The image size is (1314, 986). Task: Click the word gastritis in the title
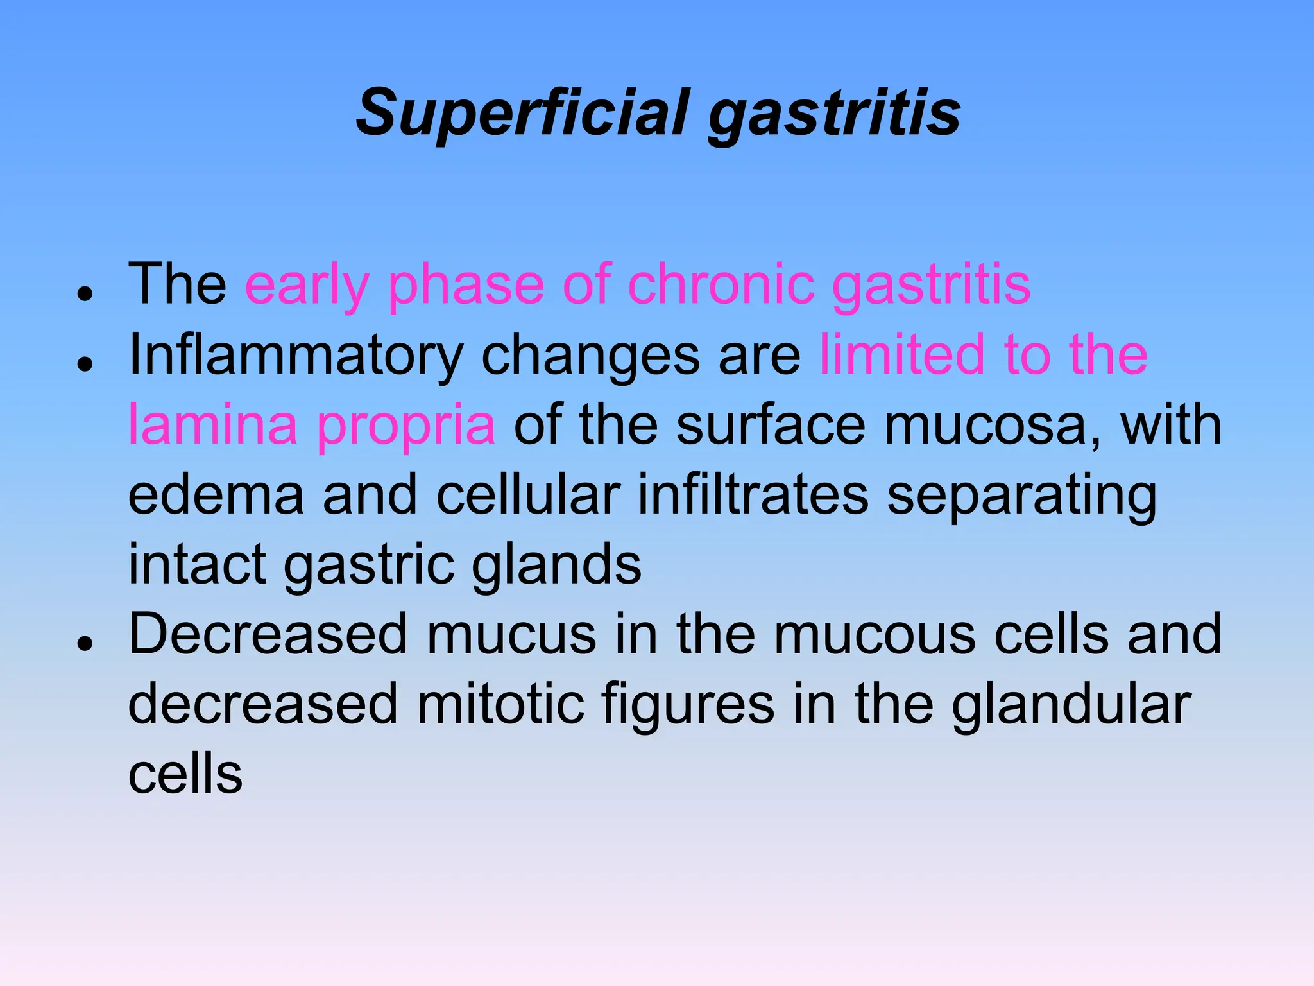tap(834, 116)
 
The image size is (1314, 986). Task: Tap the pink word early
tap(307, 285)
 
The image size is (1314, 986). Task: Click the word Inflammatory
tap(295, 356)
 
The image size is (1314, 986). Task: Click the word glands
tap(556, 566)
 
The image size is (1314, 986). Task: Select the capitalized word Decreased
tap(268, 634)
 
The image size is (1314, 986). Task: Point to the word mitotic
tap(500, 704)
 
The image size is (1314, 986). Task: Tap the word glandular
tap(1071, 705)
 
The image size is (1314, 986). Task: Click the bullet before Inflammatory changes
tap(85, 364)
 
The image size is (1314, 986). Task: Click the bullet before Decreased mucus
tap(85, 643)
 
